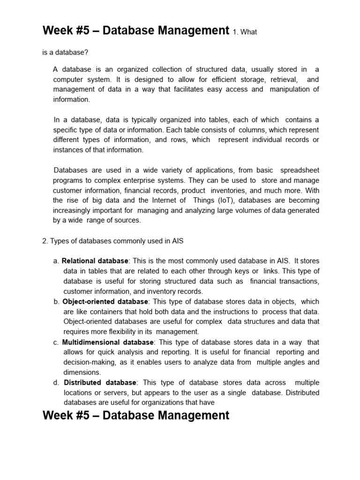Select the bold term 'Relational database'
(95, 261)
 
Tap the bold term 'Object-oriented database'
(105, 301)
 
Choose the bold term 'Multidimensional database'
(108, 342)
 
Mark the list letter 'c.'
(56, 342)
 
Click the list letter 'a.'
(56, 261)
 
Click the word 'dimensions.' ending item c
(82, 372)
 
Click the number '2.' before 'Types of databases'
(45, 240)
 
